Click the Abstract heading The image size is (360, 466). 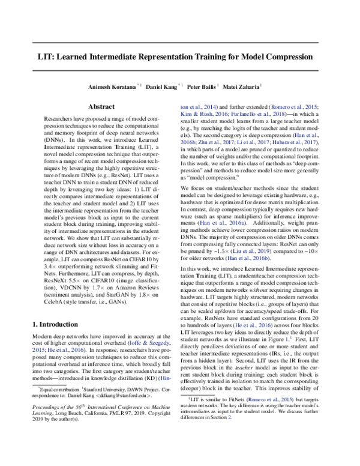101,106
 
